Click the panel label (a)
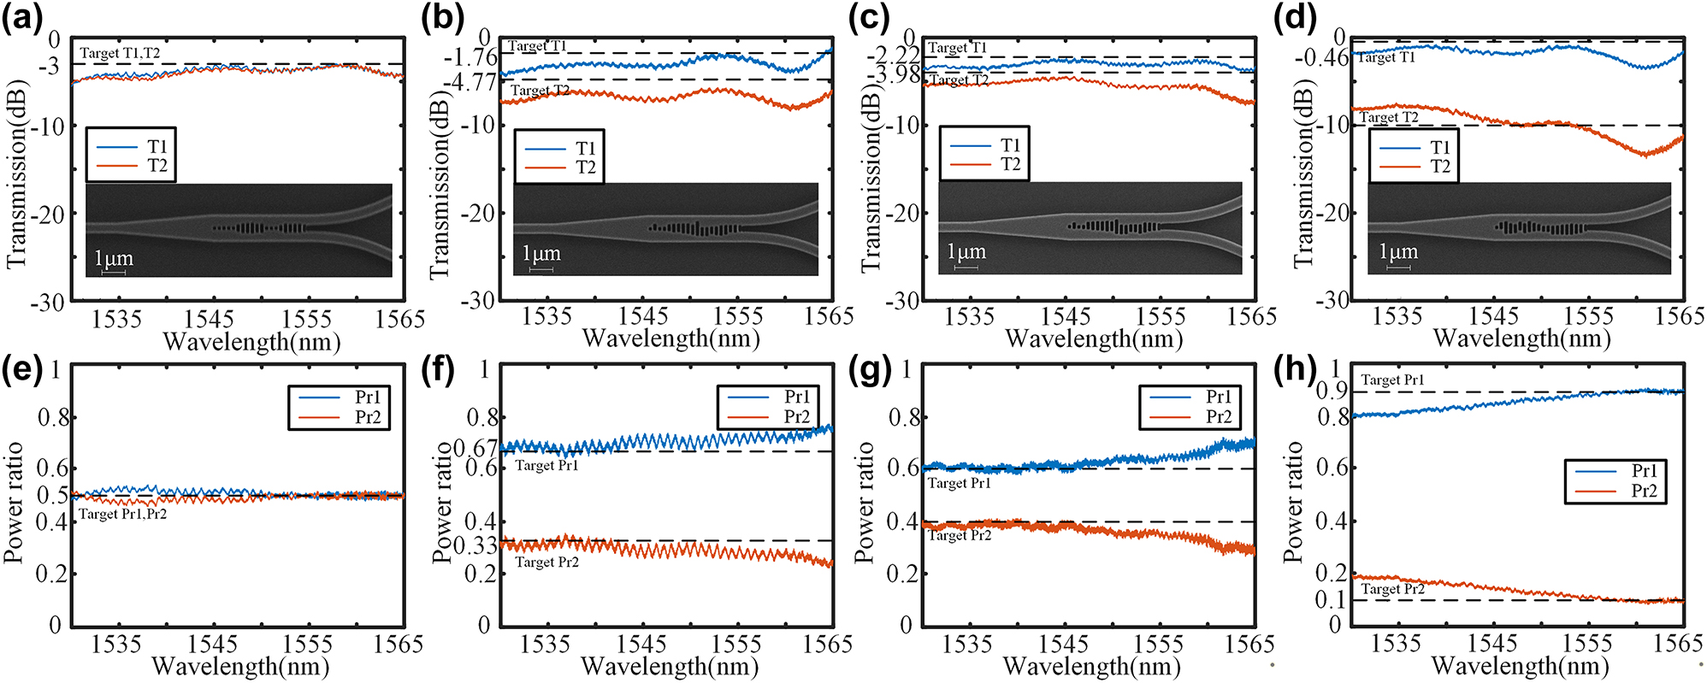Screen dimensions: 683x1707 click(x=22, y=18)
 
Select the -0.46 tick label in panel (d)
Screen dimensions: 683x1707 click(x=1321, y=58)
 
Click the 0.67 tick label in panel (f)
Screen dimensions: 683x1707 click(x=475, y=449)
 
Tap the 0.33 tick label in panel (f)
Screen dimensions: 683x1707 click(x=475, y=545)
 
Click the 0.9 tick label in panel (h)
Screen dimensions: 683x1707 click(x=1332, y=392)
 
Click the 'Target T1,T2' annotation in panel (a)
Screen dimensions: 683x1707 click(x=120, y=53)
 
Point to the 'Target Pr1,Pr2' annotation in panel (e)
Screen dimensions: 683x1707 click(x=122, y=515)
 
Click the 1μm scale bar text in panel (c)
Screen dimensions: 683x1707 click(x=966, y=252)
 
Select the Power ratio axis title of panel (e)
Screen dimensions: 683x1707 click(x=13, y=503)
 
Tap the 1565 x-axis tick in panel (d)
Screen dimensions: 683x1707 click(x=1680, y=316)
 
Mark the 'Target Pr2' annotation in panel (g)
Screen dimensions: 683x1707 click(x=960, y=535)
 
